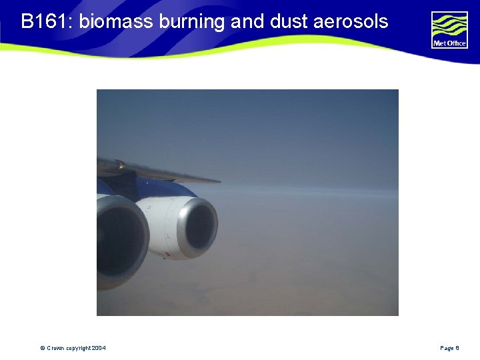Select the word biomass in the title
[117, 21]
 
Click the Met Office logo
[449, 30]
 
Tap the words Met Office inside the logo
[449, 44]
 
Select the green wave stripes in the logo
[449, 25]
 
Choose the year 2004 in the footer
[99, 348]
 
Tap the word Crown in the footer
[55, 348]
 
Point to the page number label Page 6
[449, 348]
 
